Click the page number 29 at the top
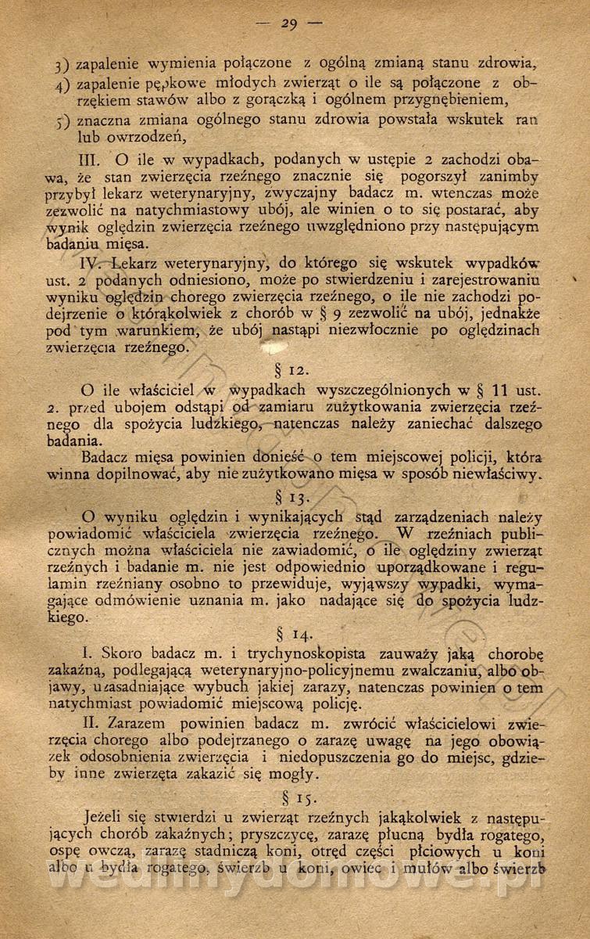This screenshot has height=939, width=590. [289, 24]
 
